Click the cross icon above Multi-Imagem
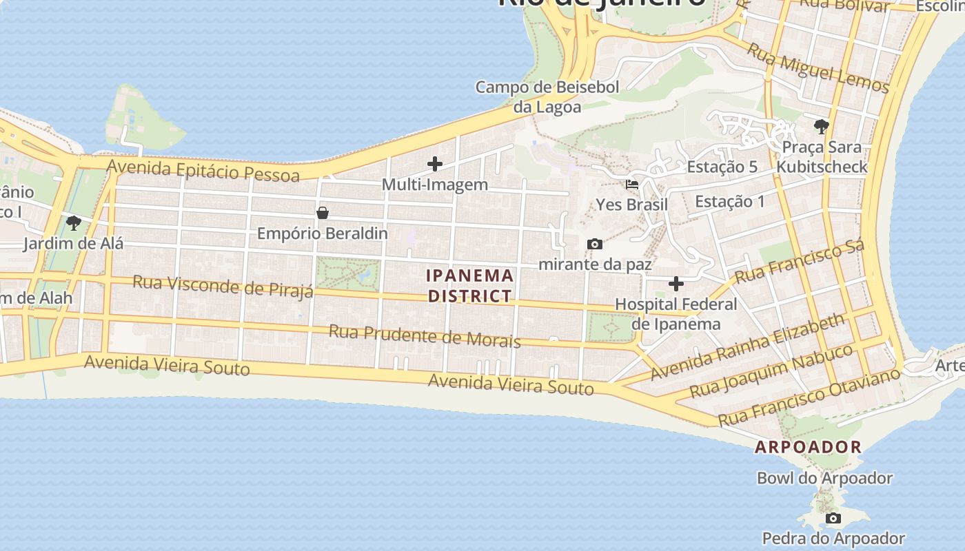[x=435, y=164]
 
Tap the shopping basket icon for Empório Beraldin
[x=322, y=214]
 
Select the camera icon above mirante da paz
[x=594, y=244]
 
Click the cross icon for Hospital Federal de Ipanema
[x=676, y=284]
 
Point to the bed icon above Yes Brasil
[x=632, y=185]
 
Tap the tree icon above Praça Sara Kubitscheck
[x=821, y=126]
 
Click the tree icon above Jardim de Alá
[x=73, y=222]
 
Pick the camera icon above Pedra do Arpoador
[x=833, y=518]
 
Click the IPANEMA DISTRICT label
[x=469, y=286]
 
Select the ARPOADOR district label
[x=808, y=447]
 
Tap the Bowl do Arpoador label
[x=824, y=478]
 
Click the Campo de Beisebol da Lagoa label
[x=547, y=97]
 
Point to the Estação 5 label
[x=722, y=167]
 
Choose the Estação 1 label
[x=730, y=201]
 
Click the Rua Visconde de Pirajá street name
[x=223, y=286]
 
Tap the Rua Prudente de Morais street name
[x=424, y=335]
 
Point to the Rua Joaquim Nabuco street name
[x=771, y=371]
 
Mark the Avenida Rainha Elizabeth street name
[x=748, y=346]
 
